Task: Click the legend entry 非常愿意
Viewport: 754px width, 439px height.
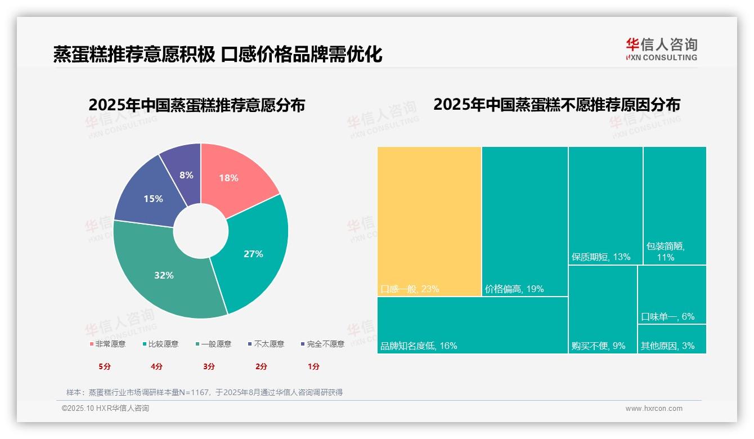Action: (x=107, y=344)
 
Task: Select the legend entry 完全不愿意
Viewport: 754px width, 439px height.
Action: (x=322, y=344)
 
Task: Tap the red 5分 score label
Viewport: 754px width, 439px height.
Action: (x=105, y=366)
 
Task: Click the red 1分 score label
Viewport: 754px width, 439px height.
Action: (x=313, y=366)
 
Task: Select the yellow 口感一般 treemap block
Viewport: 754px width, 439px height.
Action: (x=429, y=219)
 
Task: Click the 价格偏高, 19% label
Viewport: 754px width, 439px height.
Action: (x=514, y=289)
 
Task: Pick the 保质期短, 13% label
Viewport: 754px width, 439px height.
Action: (x=600, y=257)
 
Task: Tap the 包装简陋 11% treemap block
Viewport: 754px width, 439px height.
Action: (x=674, y=205)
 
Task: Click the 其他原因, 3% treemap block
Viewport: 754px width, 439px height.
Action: (x=672, y=339)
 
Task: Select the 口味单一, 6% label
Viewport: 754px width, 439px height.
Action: (x=667, y=316)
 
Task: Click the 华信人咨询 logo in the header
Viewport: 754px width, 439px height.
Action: (x=661, y=49)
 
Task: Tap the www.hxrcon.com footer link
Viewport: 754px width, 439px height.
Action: (x=653, y=409)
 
